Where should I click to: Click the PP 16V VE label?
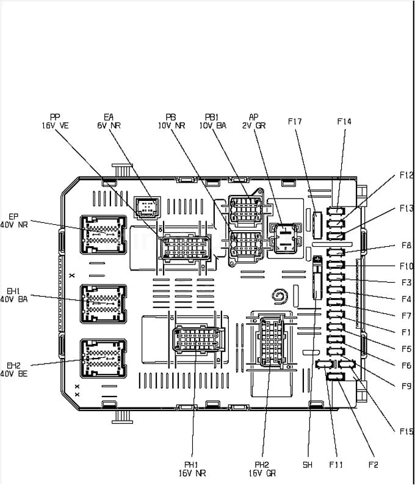pos(55,120)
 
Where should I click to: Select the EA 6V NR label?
pos(109,120)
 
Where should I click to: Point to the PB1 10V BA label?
pos(213,120)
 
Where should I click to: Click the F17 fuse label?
pos(295,122)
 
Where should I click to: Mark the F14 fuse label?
pos(344,122)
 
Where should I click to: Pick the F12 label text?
pos(406,175)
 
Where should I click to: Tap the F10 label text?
pos(406,266)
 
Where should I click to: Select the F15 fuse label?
pos(406,431)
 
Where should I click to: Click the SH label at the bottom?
pos(308,465)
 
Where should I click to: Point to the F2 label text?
pos(373,465)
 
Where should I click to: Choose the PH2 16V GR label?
pos(262,469)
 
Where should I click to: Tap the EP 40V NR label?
pos(14,220)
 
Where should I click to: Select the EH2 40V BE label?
pos(14,369)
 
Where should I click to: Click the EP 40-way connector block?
pos(103,235)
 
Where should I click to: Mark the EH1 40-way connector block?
pos(103,303)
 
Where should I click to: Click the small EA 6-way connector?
pos(146,207)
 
